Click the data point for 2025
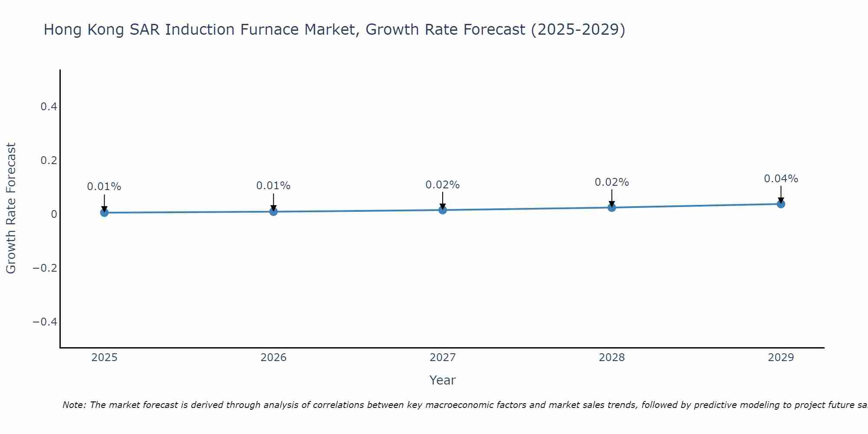[x=104, y=212]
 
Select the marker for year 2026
[x=273, y=211]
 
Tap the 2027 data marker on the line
[x=443, y=210]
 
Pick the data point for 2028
[x=612, y=207]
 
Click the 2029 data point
[x=781, y=204]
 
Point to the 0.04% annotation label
[x=781, y=179]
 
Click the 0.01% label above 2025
[x=104, y=187]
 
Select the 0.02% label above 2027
[x=443, y=185]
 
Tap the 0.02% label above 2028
[x=612, y=182]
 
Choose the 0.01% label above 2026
[x=273, y=186]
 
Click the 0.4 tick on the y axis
[x=49, y=106]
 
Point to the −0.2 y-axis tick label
[x=45, y=268]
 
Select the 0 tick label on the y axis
[x=54, y=214]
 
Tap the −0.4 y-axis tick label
[x=45, y=322]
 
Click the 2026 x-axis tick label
[x=273, y=358]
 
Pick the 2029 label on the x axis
[x=781, y=358]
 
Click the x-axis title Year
[x=442, y=380]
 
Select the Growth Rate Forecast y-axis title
[x=11, y=208]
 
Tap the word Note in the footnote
[x=73, y=405]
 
